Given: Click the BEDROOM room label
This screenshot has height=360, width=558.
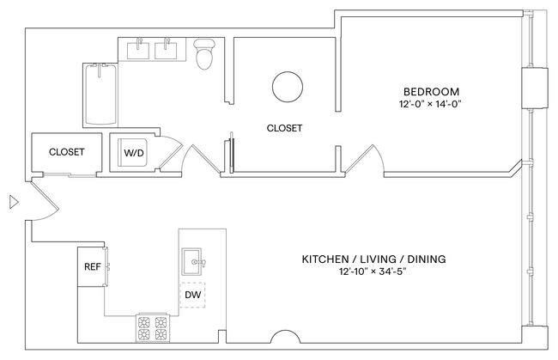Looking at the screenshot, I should (x=431, y=91).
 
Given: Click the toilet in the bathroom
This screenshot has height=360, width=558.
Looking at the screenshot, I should (x=204, y=54).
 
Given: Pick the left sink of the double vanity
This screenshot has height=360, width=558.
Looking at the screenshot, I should (x=139, y=50).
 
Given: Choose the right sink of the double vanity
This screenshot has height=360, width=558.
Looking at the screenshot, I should (x=167, y=50).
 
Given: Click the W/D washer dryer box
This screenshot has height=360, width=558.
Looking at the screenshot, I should (x=134, y=153).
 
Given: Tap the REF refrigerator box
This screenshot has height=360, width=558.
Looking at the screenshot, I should (x=91, y=266).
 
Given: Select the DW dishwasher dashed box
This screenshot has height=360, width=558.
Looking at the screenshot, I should (x=192, y=295).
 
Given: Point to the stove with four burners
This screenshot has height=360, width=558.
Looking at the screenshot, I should (x=152, y=327).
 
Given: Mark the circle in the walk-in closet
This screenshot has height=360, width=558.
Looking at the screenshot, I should (x=287, y=86).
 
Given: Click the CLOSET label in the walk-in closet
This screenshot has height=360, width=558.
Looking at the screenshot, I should (x=284, y=128).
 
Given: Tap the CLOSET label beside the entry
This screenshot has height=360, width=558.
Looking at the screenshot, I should (x=66, y=152).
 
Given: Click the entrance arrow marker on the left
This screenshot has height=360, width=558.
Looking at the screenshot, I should (x=12, y=203).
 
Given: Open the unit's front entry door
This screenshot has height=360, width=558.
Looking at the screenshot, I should (x=41, y=199).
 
